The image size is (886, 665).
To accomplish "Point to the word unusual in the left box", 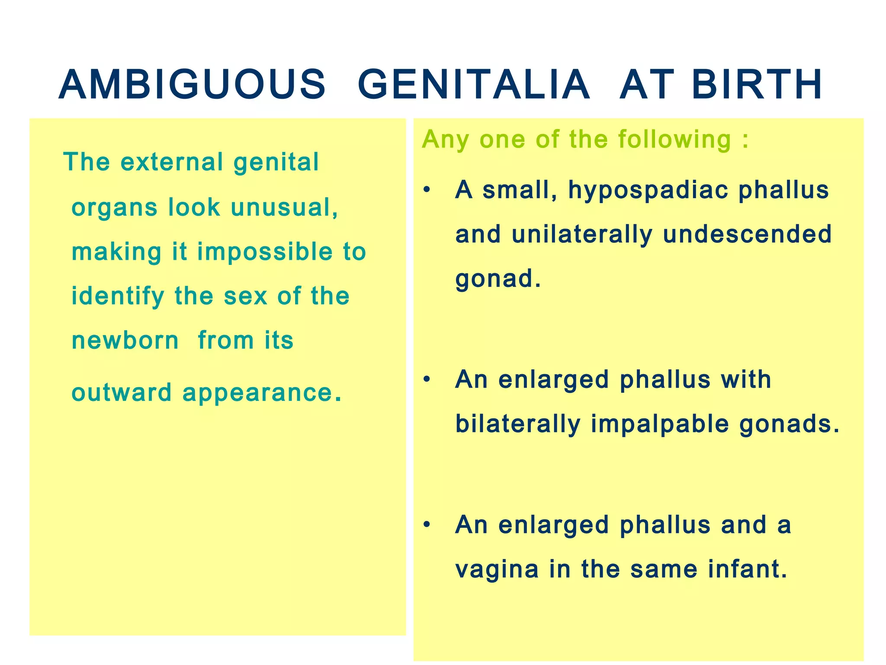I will [x=284, y=207].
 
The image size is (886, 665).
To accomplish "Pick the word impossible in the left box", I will [x=265, y=252].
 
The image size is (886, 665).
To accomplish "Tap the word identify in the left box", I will [x=118, y=297].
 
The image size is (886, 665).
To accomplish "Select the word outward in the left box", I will [x=122, y=393].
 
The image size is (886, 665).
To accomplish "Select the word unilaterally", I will [x=582, y=235].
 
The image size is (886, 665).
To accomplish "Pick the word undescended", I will [x=747, y=234].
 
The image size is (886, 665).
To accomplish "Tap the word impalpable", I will [x=660, y=425].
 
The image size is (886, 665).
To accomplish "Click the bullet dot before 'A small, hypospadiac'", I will [x=427, y=190].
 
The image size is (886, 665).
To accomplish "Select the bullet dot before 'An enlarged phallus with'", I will [x=427, y=380].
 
